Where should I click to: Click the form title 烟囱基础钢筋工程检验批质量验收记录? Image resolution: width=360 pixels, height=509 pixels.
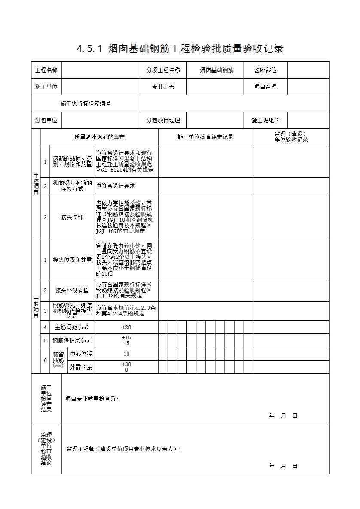click(x=180, y=48)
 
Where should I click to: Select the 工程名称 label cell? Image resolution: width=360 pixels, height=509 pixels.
click(x=46, y=70)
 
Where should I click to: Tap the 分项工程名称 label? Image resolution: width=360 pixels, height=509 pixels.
click(x=163, y=70)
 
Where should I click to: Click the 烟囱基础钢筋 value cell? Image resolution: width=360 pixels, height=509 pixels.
click(x=217, y=70)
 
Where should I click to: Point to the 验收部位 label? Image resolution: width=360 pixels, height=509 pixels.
click(x=265, y=70)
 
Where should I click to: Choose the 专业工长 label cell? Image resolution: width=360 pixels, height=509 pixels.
click(x=163, y=87)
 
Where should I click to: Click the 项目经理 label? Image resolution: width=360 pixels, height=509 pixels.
click(x=265, y=87)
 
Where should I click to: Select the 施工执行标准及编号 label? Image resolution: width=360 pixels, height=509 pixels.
click(x=85, y=103)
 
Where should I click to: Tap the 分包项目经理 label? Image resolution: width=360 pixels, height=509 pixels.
click(x=163, y=120)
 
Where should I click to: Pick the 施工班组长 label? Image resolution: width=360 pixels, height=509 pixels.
click(x=265, y=120)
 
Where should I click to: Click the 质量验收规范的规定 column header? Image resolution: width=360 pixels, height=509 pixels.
click(x=99, y=137)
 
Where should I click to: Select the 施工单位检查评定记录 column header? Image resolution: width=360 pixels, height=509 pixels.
click(x=205, y=137)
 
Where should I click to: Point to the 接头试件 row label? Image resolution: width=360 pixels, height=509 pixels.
click(x=72, y=217)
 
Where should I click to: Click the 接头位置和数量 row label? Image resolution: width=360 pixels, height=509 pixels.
click(x=72, y=260)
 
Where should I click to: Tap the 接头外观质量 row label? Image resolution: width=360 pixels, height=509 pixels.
click(x=72, y=290)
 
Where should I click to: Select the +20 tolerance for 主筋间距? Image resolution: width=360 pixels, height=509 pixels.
click(x=126, y=327)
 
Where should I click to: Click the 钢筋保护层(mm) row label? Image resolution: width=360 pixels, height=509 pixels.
click(x=72, y=341)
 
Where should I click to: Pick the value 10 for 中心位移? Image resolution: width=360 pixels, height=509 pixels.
click(x=126, y=354)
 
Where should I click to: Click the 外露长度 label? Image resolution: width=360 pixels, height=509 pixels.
click(x=81, y=367)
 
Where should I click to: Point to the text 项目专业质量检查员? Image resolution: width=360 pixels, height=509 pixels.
click(x=92, y=399)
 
